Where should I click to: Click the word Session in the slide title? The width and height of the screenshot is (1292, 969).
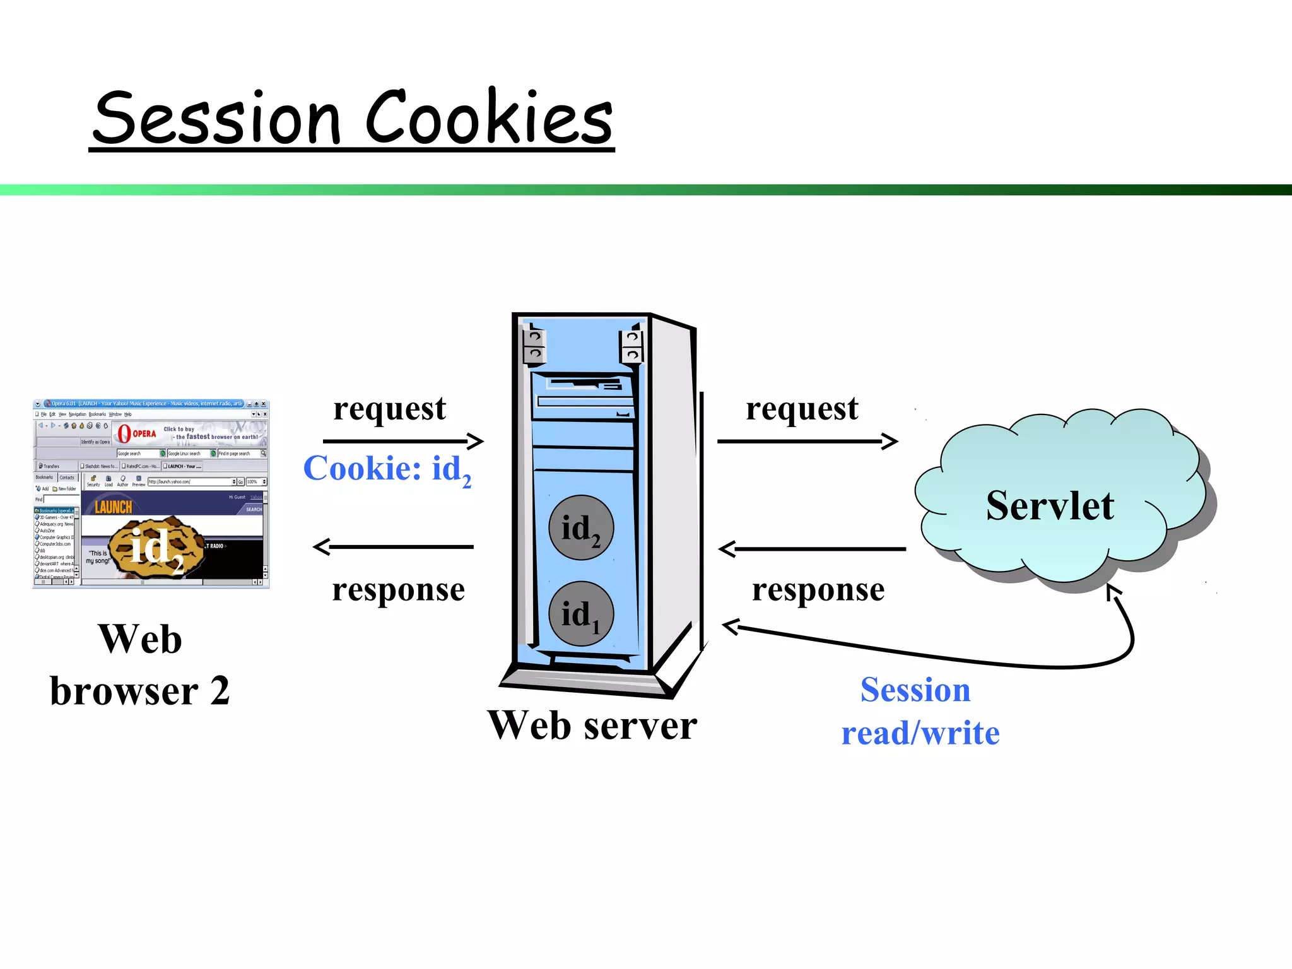(x=218, y=119)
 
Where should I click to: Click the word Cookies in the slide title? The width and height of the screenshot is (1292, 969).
(x=489, y=117)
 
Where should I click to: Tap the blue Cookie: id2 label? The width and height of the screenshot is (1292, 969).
(x=387, y=469)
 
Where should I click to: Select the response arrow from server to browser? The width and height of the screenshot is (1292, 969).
(x=394, y=547)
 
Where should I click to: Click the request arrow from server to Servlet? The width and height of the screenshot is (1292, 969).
(x=807, y=441)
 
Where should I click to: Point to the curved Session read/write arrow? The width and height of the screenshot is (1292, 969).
(x=946, y=657)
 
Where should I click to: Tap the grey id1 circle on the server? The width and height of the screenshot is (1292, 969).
(x=581, y=614)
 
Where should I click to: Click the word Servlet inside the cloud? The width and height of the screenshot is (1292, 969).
(x=1050, y=506)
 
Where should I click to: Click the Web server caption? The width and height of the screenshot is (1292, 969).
(x=592, y=725)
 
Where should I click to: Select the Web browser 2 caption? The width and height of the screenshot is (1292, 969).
(x=140, y=665)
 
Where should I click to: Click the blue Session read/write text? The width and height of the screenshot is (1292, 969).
(x=920, y=711)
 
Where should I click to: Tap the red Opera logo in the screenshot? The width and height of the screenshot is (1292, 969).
(x=124, y=433)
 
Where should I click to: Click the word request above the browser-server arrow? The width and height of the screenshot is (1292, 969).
(x=389, y=409)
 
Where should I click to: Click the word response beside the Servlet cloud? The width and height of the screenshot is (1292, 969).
(x=818, y=590)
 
